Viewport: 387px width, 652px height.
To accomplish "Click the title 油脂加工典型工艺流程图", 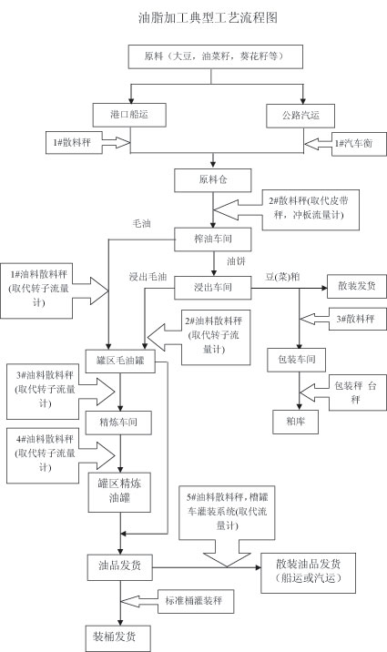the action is click(208, 17).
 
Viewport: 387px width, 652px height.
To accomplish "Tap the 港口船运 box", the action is click(129, 115).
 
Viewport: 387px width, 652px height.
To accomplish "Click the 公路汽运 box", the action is click(300, 116).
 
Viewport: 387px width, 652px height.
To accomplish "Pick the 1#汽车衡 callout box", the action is click(359, 144).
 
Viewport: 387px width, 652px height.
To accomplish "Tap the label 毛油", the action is click(141, 224).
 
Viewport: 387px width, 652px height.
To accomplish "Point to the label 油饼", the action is click(236, 261).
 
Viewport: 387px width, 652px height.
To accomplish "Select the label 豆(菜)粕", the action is click(282, 277).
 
